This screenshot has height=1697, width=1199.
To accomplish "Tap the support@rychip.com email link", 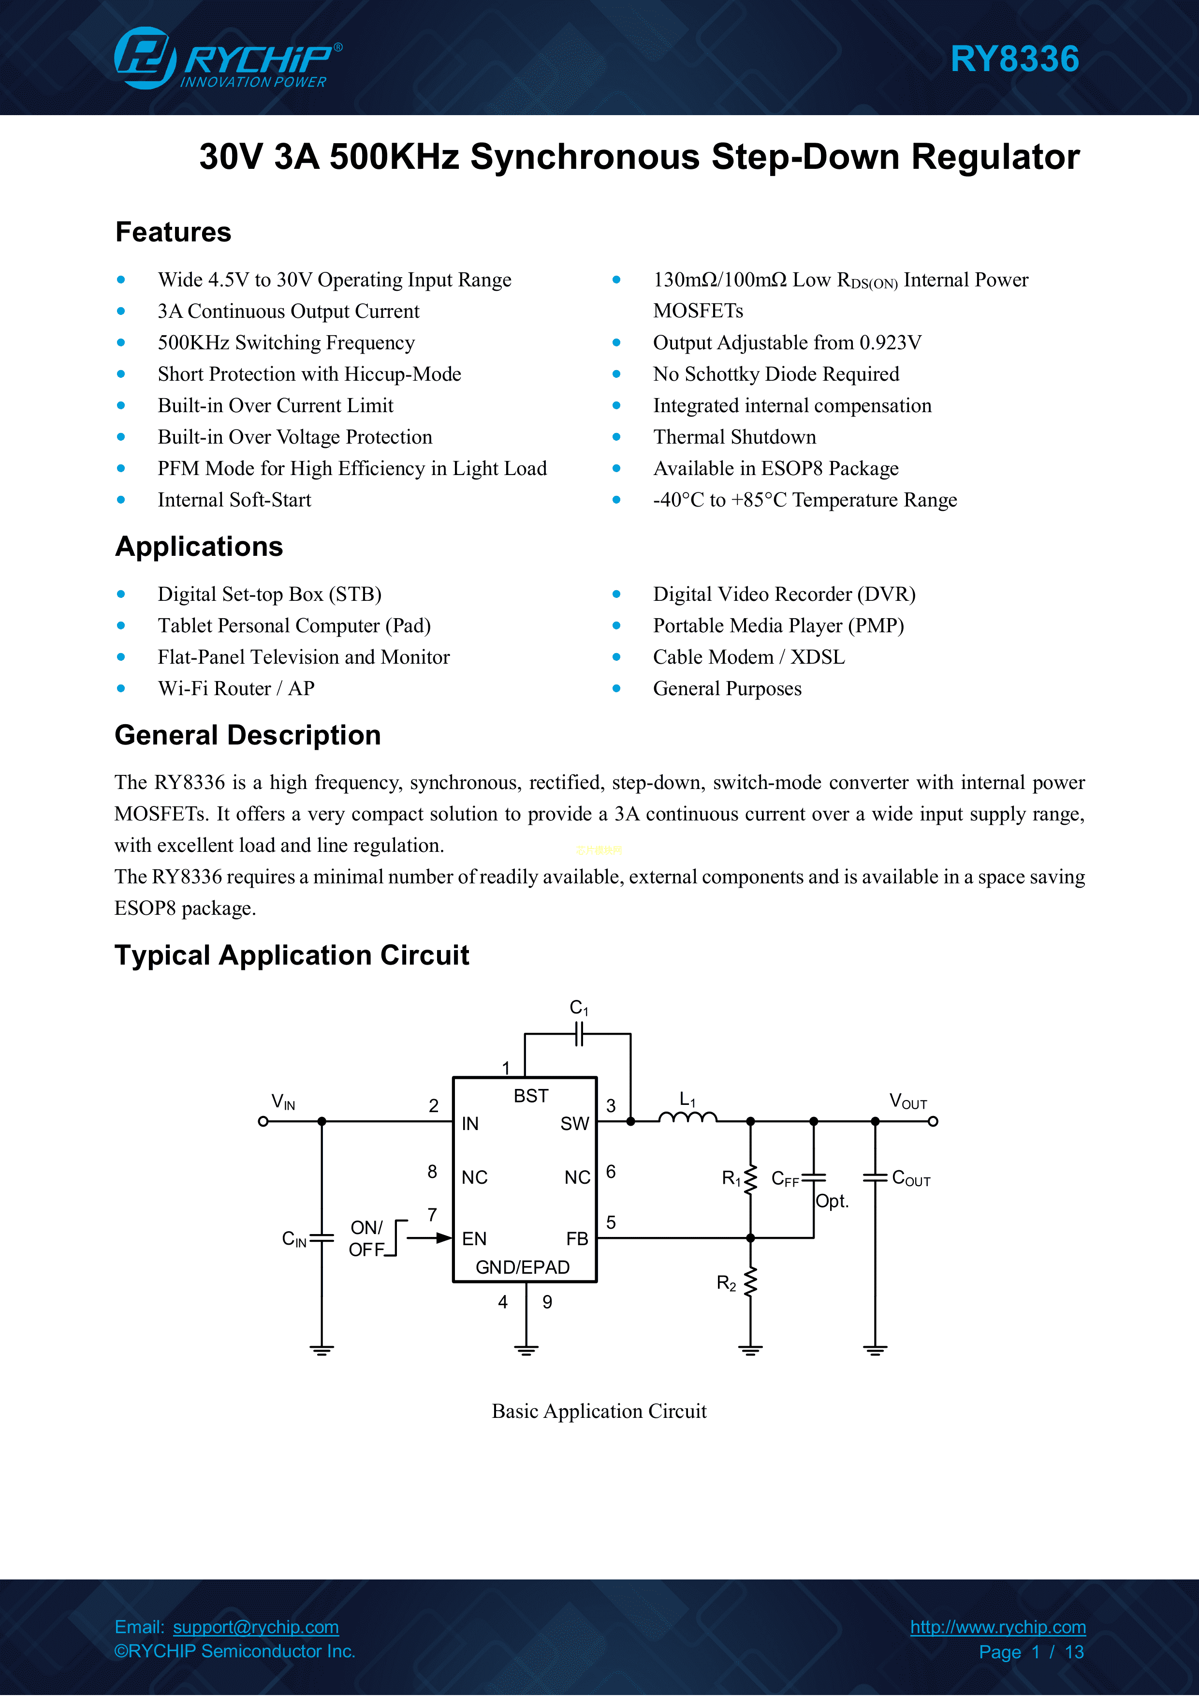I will pyautogui.click(x=256, y=1627).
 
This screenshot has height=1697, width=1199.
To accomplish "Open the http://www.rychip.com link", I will pyautogui.click(x=997, y=1627).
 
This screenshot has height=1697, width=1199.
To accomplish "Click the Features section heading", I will pyautogui.click(x=173, y=232).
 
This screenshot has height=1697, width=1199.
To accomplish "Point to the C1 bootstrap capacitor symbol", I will pyautogui.click(x=579, y=1034).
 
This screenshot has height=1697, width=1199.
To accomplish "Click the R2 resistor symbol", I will pyautogui.click(x=750, y=1283).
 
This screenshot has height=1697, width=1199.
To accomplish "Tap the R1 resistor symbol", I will pyautogui.click(x=750, y=1179).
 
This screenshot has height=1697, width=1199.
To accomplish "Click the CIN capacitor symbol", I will pyautogui.click(x=322, y=1238).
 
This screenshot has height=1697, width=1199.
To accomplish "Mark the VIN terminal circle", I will pyautogui.click(x=263, y=1121).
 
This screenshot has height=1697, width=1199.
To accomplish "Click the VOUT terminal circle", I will pyautogui.click(x=933, y=1121).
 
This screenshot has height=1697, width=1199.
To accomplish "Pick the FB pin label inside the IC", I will pyautogui.click(x=577, y=1239).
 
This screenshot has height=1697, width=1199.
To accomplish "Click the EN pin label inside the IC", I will pyautogui.click(x=474, y=1239).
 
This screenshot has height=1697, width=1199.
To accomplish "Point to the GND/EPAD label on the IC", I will pyautogui.click(x=522, y=1267).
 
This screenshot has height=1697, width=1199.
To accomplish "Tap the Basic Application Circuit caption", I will pyautogui.click(x=599, y=1411).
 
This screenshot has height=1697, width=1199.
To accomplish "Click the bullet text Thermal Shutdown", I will pyautogui.click(x=734, y=437).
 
